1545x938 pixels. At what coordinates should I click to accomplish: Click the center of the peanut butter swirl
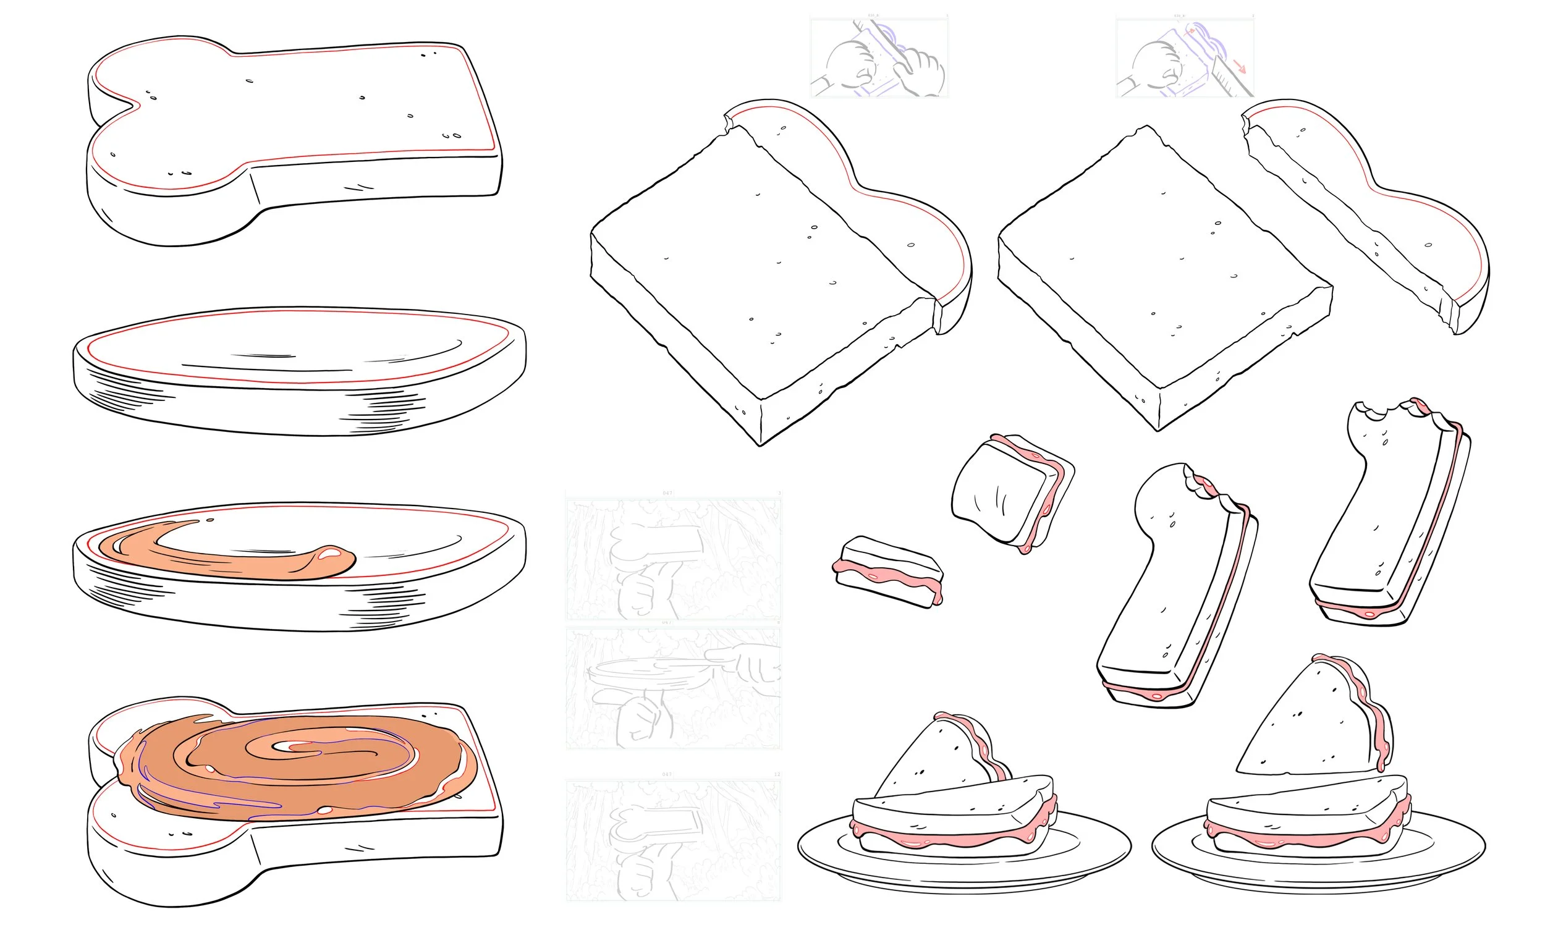(295, 748)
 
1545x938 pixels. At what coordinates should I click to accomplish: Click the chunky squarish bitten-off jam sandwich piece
(1010, 492)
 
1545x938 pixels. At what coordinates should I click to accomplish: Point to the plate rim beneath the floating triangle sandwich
(1317, 875)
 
